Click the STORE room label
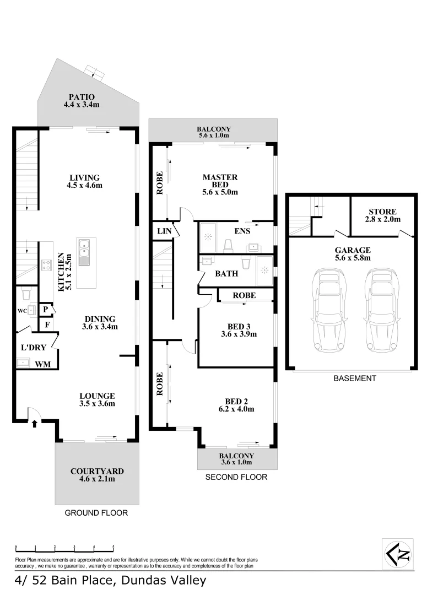382,212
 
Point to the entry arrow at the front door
35,424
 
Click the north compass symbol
398,554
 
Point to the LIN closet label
164,231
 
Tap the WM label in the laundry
42,364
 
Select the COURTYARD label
97,471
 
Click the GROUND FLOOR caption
96,513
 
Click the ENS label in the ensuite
242,231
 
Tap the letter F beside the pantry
47,324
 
